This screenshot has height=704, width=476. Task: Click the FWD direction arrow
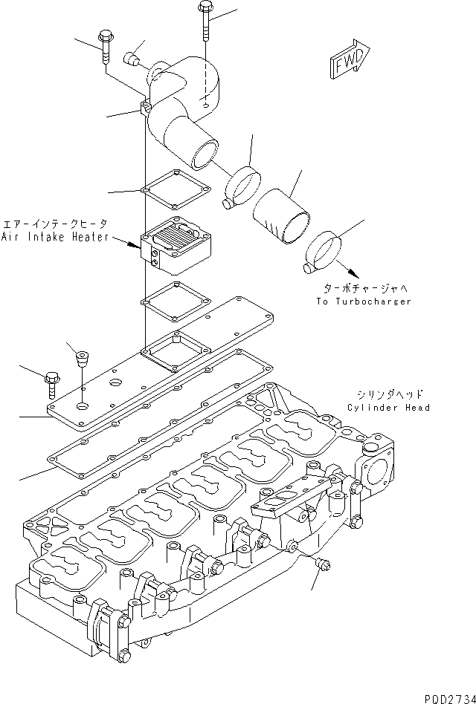click(349, 59)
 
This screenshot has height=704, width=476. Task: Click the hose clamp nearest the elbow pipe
click(242, 186)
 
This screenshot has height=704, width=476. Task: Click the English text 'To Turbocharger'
click(363, 302)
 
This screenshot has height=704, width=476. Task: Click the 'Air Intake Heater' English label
click(55, 237)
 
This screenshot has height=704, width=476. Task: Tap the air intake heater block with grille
click(176, 244)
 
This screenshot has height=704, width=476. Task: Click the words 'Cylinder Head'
click(387, 408)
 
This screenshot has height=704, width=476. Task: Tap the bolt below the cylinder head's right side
click(322, 566)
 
